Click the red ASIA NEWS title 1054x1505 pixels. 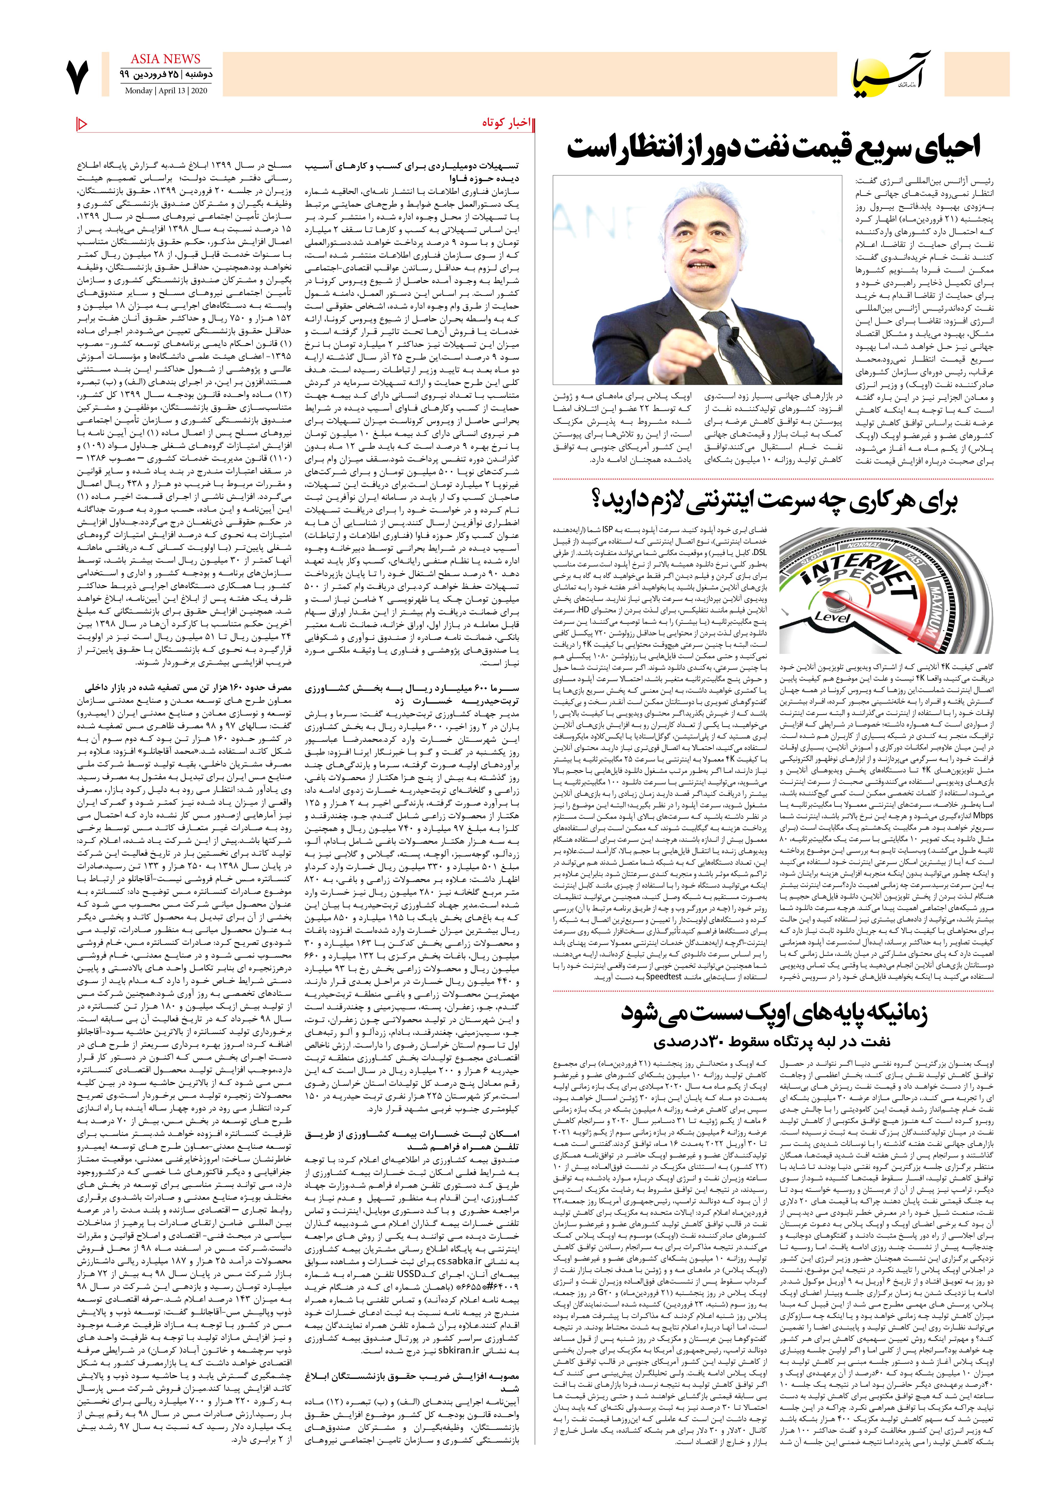(x=165, y=59)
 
